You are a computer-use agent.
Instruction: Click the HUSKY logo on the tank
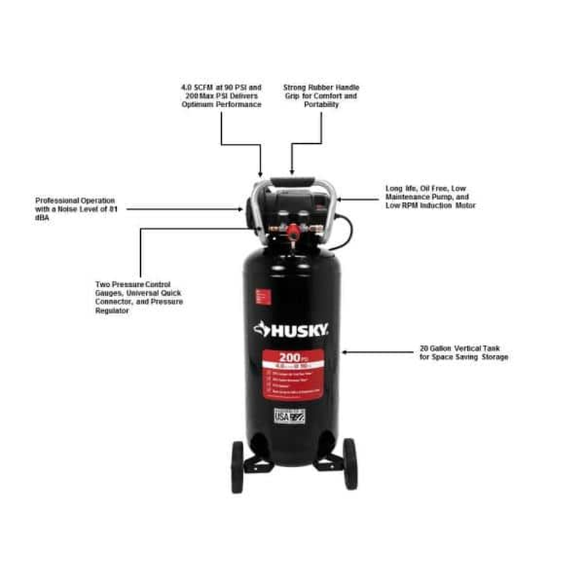291,329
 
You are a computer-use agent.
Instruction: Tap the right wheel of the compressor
350,464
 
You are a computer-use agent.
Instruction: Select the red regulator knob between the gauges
291,231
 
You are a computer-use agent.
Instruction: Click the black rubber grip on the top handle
292,181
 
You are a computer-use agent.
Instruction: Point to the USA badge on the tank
289,415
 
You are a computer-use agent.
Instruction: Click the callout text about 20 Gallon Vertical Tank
464,353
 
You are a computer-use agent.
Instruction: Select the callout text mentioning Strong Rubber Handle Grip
321,96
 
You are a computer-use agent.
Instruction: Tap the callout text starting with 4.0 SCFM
221,96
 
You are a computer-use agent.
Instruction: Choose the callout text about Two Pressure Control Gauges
139,297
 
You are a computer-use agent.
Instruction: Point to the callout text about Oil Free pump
430,197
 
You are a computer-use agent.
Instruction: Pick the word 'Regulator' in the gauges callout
112,310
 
